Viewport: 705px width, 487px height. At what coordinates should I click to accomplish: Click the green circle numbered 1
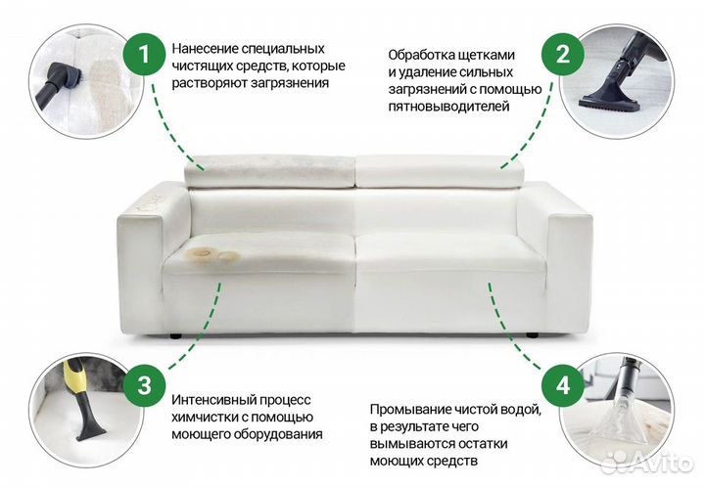(144, 55)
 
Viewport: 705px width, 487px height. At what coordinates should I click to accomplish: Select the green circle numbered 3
(144, 384)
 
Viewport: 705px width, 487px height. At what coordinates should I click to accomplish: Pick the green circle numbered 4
(562, 384)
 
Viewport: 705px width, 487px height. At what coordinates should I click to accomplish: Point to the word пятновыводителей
(448, 107)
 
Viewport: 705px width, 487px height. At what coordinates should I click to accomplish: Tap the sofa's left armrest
(139, 254)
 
